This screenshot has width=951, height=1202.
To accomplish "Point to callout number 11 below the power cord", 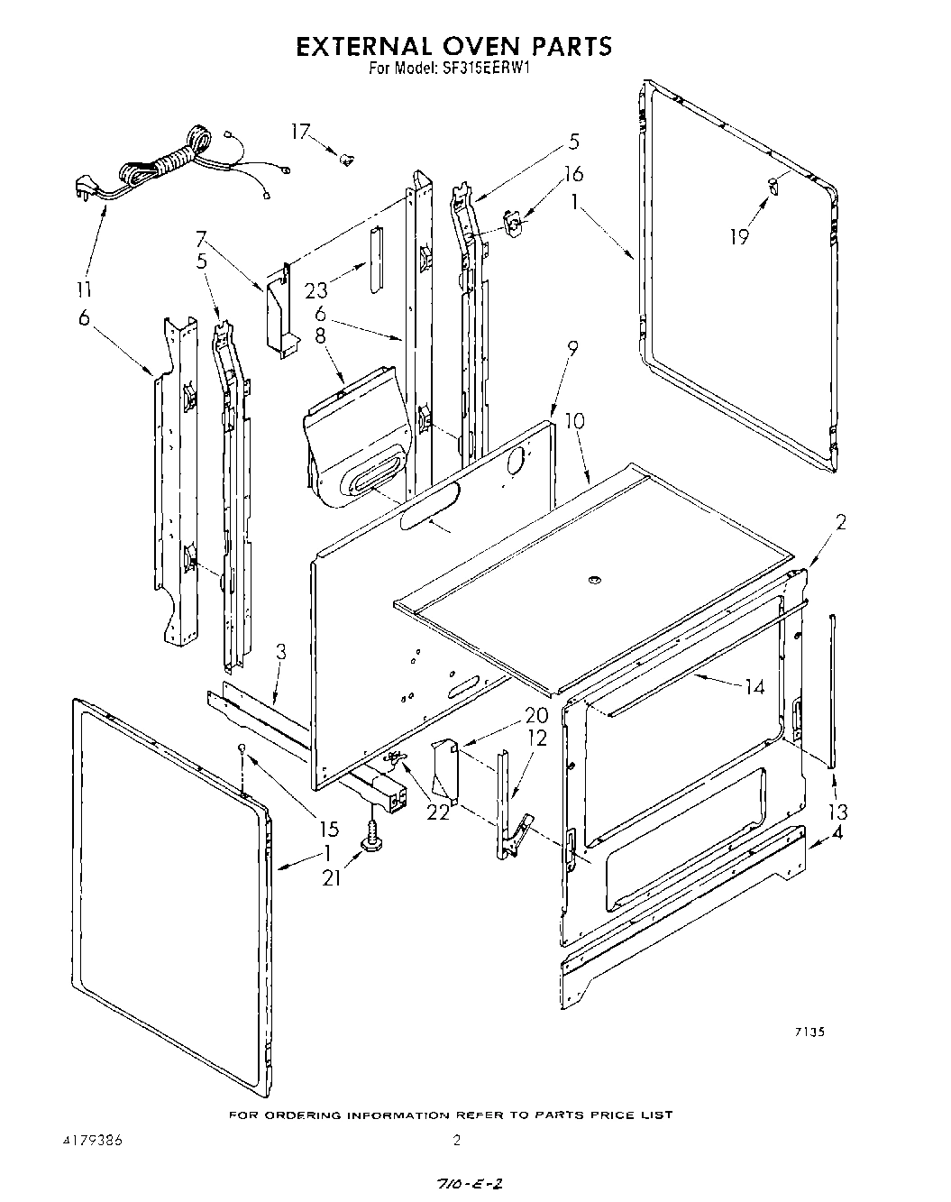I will [x=87, y=290].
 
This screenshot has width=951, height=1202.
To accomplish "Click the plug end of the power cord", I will [x=83, y=190].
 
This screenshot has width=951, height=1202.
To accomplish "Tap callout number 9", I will [x=572, y=347].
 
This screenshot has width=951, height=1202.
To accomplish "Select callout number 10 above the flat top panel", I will [x=575, y=421].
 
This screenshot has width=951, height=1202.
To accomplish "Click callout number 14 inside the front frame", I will [x=754, y=688].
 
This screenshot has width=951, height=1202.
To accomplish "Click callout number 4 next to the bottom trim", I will [x=837, y=833].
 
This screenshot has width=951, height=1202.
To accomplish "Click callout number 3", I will [x=281, y=651].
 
